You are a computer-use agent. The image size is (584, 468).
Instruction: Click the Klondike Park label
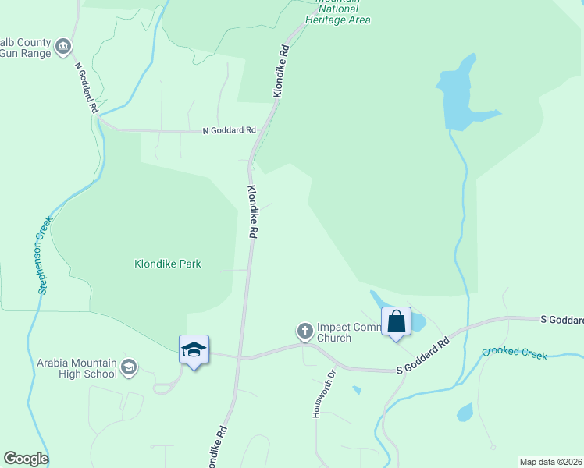pos(167,264)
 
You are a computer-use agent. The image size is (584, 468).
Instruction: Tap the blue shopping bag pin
pos(396,321)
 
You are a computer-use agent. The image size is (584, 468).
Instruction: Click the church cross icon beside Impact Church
pos(305,331)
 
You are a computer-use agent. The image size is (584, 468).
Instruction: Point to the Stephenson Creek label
pos(44,255)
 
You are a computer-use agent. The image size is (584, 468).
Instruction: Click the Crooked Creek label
pos(515,353)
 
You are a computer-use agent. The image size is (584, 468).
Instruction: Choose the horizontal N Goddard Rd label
pos(229,130)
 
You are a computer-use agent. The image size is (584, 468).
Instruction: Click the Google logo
pos(25,459)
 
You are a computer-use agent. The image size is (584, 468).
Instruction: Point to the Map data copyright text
pos(550,462)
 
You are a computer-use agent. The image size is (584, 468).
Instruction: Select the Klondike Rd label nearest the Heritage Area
pos(281,71)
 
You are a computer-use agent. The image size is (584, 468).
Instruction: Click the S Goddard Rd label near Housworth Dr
pos(423,355)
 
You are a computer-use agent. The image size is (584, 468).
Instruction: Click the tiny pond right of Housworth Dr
pos(357,390)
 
